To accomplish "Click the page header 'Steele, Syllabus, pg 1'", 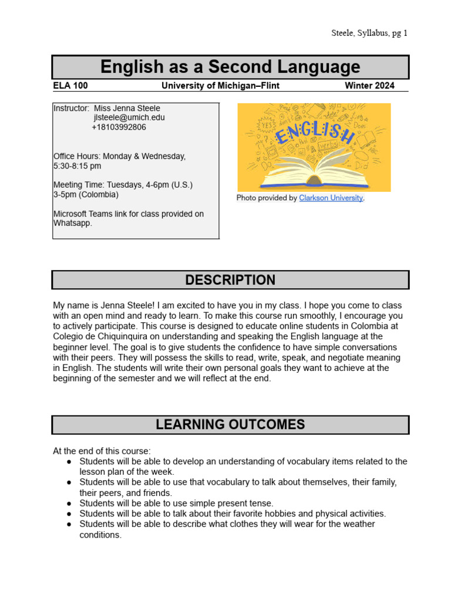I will click(369, 33).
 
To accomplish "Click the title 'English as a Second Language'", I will click(230, 67).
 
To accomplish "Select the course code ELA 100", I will click(70, 86).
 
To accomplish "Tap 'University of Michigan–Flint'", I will click(220, 86).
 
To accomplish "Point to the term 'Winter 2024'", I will click(369, 86).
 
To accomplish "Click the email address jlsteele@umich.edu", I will click(129, 117).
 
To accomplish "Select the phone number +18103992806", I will click(119, 127).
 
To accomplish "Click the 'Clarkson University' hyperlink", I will click(331, 198).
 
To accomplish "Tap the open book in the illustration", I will click(314, 170).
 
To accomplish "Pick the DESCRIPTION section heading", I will click(230, 280).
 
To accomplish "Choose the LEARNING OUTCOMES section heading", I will click(230, 425).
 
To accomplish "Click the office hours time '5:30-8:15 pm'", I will click(78, 166).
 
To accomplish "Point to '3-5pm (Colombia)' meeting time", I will click(86, 194).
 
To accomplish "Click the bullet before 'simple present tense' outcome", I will click(69, 503).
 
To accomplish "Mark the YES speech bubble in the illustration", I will click(267, 125).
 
